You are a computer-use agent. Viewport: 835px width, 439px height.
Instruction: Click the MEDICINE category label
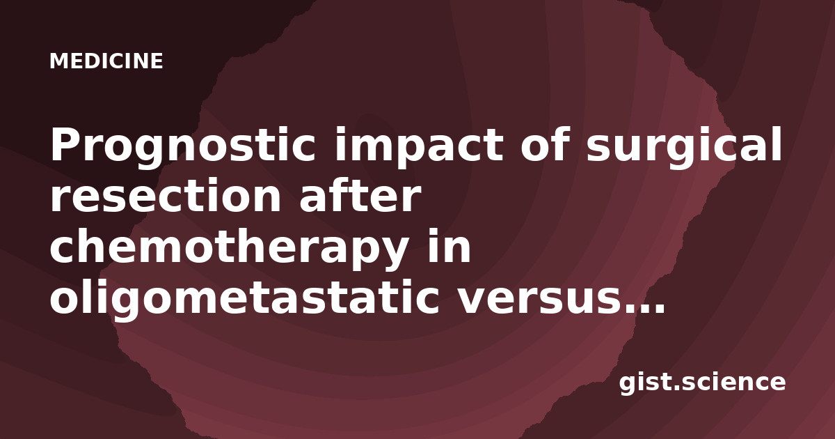(x=106, y=61)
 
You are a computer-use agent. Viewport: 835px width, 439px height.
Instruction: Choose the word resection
(x=166, y=196)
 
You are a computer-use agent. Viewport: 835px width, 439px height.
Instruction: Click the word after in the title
(x=360, y=195)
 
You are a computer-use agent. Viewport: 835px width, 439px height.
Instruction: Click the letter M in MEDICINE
(x=59, y=61)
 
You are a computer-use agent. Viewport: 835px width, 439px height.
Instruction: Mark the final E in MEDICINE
(x=157, y=61)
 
